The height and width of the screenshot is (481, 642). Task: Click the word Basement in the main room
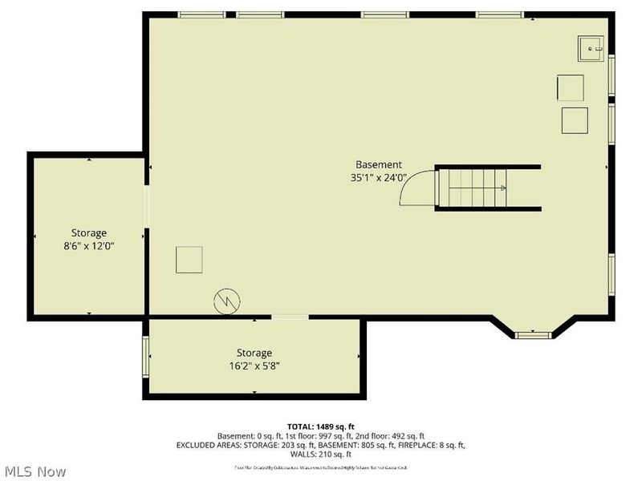click(x=379, y=164)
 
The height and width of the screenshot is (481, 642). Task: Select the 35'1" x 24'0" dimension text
click(x=379, y=178)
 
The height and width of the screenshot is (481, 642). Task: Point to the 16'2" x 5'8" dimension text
click(x=254, y=366)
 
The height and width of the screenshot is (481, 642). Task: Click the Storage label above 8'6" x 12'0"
click(x=88, y=233)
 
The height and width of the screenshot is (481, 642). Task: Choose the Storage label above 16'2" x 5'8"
click(x=254, y=353)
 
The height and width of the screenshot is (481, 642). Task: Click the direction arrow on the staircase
click(x=502, y=188)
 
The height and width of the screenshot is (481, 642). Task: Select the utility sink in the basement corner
click(x=592, y=49)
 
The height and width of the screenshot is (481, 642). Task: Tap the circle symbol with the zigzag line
click(x=227, y=301)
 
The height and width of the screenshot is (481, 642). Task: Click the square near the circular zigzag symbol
click(x=189, y=260)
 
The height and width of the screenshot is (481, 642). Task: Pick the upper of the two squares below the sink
click(x=571, y=87)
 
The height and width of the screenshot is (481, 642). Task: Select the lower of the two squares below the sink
click(x=575, y=119)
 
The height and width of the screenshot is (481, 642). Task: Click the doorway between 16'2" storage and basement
click(x=290, y=317)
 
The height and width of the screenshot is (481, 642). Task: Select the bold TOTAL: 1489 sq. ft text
click(x=321, y=426)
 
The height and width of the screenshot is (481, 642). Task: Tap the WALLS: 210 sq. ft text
click(x=321, y=454)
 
